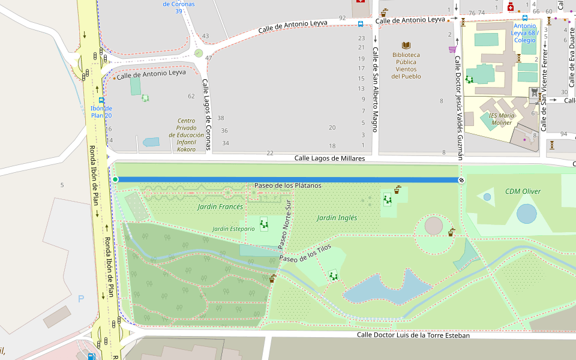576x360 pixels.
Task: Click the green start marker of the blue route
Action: (x=115, y=179)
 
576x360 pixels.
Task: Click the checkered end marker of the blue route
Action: (x=461, y=180)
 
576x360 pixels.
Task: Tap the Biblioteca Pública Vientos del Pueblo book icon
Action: (x=406, y=46)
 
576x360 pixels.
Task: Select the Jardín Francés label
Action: (x=220, y=207)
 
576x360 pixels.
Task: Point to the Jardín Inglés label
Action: (x=337, y=218)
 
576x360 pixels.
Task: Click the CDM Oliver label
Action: (x=523, y=191)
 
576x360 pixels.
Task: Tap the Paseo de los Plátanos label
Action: (x=287, y=185)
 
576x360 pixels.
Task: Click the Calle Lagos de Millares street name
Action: (x=329, y=158)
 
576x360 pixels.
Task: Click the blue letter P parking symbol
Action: (x=82, y=298)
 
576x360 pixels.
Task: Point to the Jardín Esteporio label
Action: (x=233, y=229)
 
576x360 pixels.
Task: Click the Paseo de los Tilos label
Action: (x=305, y=256)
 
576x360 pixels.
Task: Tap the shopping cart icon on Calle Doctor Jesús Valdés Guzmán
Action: (x=452, y=49)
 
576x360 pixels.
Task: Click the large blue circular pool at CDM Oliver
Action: (x=527, y=214)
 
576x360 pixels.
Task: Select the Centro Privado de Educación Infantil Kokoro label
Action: (x=186, y=135)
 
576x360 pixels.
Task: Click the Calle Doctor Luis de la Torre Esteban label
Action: (x=413, y=335)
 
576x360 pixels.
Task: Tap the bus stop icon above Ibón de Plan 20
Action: (x=101, y=100)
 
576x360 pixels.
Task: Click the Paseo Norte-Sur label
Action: (x=284, y=224)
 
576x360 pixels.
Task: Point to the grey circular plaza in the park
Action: (x=434, y=226)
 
